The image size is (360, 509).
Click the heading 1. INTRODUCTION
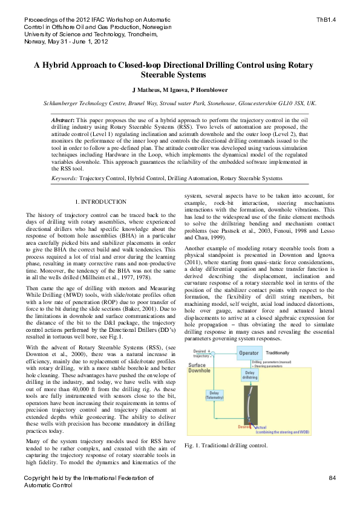(x=100, y=201)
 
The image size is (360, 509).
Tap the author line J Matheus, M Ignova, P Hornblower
(x=180, y=89)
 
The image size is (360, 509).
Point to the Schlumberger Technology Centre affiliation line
(x=180, y=103)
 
